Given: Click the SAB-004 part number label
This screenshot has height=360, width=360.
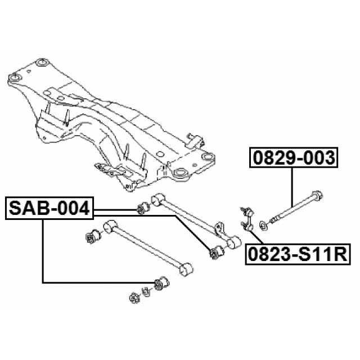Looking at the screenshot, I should [49, 209].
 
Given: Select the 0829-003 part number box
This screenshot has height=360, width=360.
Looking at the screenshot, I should [293, 158].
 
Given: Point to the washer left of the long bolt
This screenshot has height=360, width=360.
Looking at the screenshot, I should [262, 226].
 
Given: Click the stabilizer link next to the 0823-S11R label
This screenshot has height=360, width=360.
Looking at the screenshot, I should [247, 219].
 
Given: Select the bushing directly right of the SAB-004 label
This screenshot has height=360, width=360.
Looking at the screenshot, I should [142, 210].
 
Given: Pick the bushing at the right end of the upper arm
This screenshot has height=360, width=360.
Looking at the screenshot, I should [215, 254].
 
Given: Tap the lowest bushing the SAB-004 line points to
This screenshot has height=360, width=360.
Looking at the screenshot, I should [162, 282].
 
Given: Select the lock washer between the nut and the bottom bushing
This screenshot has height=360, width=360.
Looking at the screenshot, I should [146, 290].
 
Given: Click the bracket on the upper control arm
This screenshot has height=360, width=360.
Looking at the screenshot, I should [220, 229].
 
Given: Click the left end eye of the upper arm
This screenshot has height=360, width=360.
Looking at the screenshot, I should [158, 199].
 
